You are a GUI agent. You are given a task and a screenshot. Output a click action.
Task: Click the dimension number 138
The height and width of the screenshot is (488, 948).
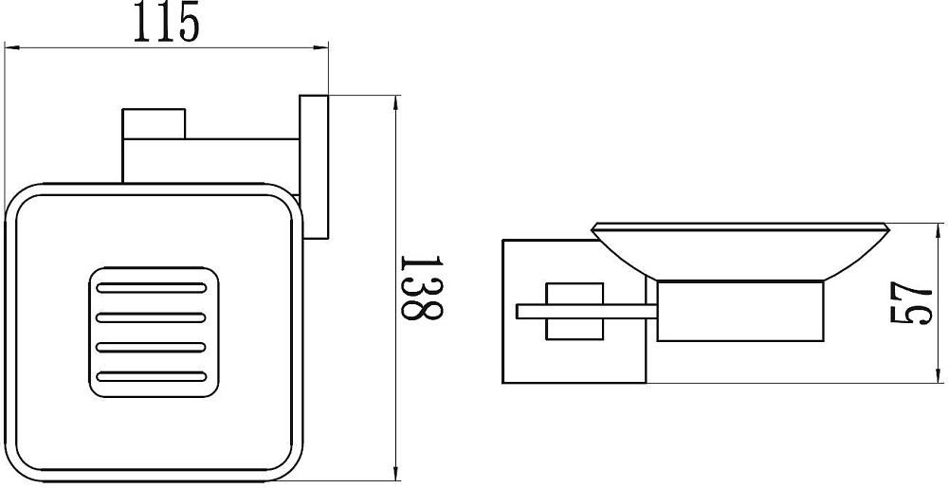click(422, 287)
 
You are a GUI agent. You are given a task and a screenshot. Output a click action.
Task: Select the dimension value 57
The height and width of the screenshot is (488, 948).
click(912, 303)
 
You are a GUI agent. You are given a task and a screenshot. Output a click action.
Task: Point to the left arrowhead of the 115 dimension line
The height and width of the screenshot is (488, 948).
click(13, 47)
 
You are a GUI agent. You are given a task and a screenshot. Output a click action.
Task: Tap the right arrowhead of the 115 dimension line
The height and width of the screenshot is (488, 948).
click(319, 47)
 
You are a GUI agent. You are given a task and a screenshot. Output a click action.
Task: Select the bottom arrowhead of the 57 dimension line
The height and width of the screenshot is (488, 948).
click(939, 374)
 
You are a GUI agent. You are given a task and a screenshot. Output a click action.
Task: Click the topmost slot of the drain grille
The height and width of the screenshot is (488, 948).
click(151, 287)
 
